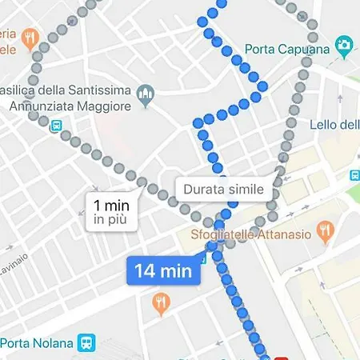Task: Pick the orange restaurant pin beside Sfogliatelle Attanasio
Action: pos(324,232)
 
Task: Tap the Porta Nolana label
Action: pos(37,343)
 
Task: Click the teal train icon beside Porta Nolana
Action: pos(86,343)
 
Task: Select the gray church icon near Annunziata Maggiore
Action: pos(145,96)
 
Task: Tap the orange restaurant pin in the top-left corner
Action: pos(30,38)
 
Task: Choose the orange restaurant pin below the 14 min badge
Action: pos(160,302)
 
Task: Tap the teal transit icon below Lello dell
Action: pos(355,175)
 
